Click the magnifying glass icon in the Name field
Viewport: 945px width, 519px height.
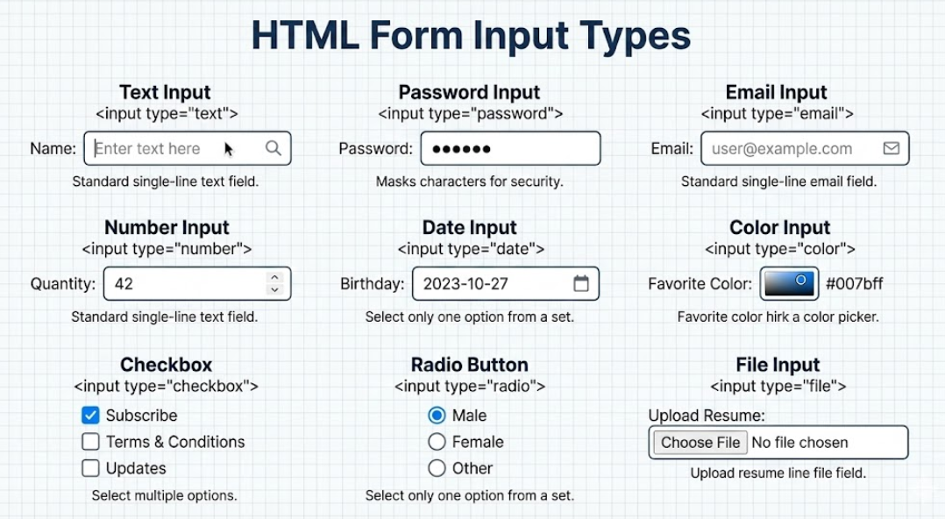[274, 148]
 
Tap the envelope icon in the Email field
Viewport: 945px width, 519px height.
[891, 148]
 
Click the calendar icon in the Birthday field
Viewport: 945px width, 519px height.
[580, 283]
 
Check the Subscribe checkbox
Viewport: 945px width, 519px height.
[90, 416]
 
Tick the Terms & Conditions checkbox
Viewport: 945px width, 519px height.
[90, 442]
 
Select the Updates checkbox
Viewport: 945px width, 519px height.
[90, 468]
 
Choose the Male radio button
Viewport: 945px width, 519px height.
[437, 416]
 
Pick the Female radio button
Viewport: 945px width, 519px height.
[437, 442]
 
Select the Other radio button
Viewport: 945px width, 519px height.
[437, 468]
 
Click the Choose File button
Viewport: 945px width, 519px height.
[700, 443]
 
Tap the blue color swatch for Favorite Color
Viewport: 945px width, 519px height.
[789, 283]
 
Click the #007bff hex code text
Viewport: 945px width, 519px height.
[854, 284]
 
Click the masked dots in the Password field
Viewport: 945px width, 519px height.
[461, 149]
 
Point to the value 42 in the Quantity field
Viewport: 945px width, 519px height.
[124, 284]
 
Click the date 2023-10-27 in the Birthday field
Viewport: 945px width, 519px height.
[465, 284]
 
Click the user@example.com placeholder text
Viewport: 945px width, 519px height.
[781, 149]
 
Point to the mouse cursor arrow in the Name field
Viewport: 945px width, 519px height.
[228, 149]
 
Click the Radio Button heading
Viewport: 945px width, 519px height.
[469, 365]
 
